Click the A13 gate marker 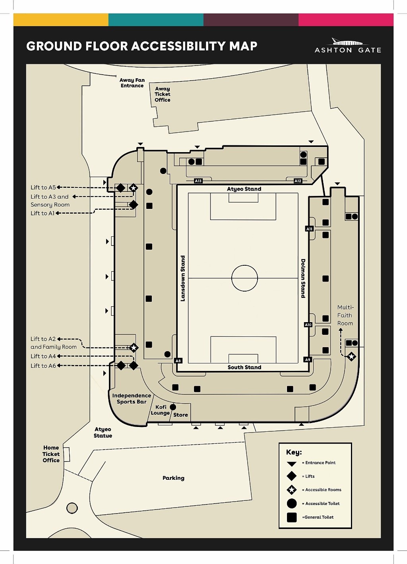198,181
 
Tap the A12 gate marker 298,181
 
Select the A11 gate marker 309,229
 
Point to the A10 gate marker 308,324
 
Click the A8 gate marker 178,361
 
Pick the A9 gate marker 307,359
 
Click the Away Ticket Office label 163,95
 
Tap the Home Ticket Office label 51,454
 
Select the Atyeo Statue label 103,433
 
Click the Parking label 173,478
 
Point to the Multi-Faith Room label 345,315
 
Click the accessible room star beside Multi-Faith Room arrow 351,357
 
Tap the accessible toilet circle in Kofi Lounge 173,407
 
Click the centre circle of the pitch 244,278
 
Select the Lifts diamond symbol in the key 292,476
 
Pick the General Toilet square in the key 292,517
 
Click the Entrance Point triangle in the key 292,464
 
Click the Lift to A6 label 43,366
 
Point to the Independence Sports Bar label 132,398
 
